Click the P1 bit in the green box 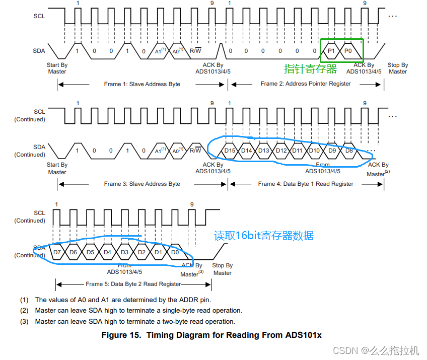pyautogui.click(x=331, y=51)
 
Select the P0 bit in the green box pyautogui.click(x=348, y=51)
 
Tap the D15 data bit pyautogui.click(x=230, y=151)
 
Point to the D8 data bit pyautogui.click(x=348, y=151)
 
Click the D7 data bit pyautogui.click(x=57, y=252)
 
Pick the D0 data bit pyautogui.click(x=175, y=252)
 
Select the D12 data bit pyautogui.click(x=281, y=151)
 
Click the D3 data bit pyautogui.click(x=125, y=252)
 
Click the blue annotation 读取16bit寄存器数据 pyautogui.click(x=264, y=235)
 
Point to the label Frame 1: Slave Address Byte pyautogui.click(x=142, y=84)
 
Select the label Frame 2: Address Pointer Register pyautogui.click(x=306, y=84)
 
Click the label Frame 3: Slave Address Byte pyautogui.click(x=142, y=184)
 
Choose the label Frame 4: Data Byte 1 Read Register pyautogui.click(x=306, y=184)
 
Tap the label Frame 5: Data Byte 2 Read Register pyautogui.click(x=133, y=284)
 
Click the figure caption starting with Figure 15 pyautogui.click(x=211, y=335)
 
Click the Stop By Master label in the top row pyautogui.click(x=397, y=68)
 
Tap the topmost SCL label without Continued pyautogui.click(x=39, y=16)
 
